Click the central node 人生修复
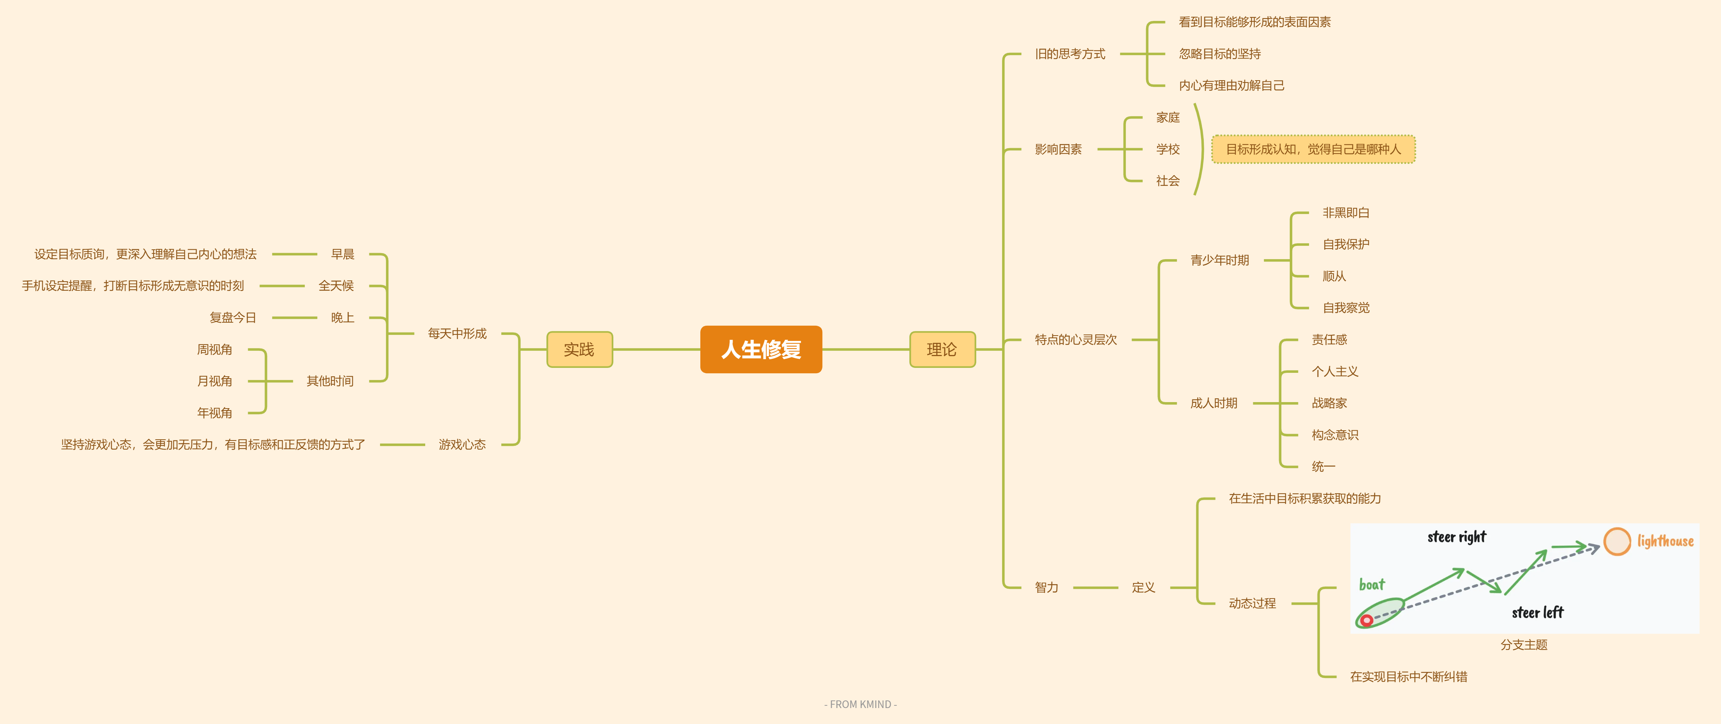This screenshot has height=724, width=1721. click(761, 349)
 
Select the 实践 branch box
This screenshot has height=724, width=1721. click(579, 349)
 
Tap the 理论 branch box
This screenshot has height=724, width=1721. click(942, 349)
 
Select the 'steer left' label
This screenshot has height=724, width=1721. click(1537, 613)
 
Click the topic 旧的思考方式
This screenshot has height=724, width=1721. click(1070, 54)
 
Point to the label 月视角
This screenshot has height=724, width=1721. click(214, 381)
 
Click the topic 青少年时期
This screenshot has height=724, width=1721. click(1219, 260)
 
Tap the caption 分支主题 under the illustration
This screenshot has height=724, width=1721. click(1524, 645)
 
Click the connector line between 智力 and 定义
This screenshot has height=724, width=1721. click(1096, 588)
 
